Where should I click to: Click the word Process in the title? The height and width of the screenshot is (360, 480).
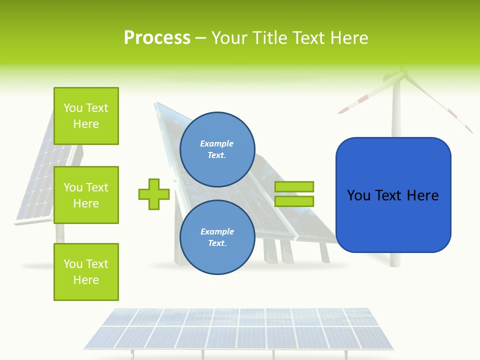point(157,38)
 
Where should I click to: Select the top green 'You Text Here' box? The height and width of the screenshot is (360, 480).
point(86,116)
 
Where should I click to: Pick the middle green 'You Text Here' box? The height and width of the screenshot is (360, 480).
point(86,195)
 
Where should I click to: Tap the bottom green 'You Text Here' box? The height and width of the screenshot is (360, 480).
point(86,272)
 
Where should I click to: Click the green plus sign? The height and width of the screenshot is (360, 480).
point(154,194)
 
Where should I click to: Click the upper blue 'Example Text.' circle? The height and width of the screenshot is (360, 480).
point(217,149)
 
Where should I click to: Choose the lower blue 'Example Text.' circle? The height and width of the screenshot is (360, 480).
point(217,237)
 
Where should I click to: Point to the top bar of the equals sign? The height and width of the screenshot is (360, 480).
point(294,186)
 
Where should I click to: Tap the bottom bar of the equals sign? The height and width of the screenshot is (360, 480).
point(294,201)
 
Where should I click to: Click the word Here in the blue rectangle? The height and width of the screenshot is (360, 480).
point(421,195)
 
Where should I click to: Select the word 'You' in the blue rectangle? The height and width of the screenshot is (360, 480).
point(358,195)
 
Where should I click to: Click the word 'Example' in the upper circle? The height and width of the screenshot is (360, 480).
point(217,143)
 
